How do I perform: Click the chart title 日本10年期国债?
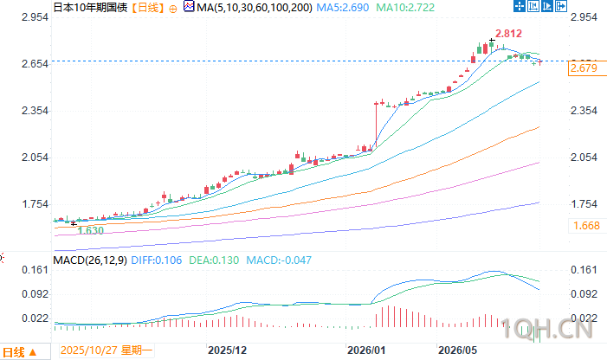point(90,7)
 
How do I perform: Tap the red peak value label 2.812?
point(508,34)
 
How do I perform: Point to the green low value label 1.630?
point(91,230)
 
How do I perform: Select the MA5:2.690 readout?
point(343,7)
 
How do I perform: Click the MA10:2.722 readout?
point(405,7)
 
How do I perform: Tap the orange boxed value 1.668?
point(586,226)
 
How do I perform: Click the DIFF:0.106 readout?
point(157,260)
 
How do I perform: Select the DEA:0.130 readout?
point(214,260)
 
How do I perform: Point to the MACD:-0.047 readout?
point(279,260)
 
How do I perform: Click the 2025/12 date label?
point(227,350)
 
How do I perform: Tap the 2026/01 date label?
point(366,350)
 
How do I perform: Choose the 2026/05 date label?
point(457,350)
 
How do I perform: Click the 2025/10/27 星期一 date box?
point(107,350)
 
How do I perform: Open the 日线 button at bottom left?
point(20,352)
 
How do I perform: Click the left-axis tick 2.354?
point(35,111)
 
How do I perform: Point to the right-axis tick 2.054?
point(584,157)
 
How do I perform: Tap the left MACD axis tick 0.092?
point(35,294)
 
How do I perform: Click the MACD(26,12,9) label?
point(90,260)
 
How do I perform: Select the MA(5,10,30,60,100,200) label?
point(255,7)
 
